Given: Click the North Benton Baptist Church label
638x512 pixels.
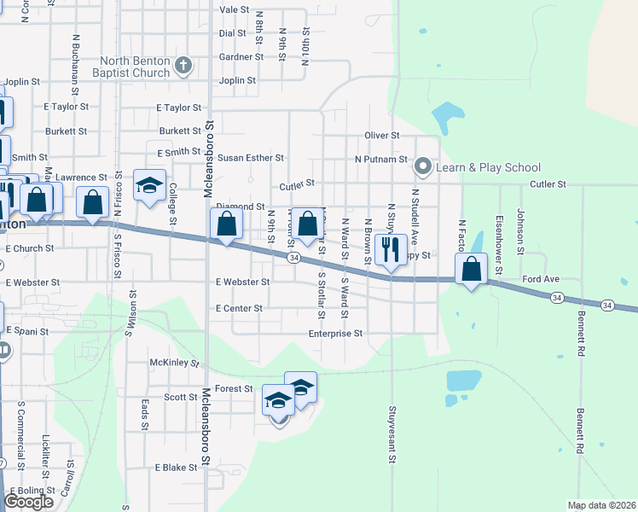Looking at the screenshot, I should pos(135,67).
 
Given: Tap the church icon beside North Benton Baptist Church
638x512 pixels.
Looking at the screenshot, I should pos(183,66).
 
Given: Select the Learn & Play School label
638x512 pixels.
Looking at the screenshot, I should pos(489,167).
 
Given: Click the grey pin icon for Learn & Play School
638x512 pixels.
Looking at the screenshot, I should pos(422,166).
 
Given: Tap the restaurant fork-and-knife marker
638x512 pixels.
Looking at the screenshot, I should pos(391,250).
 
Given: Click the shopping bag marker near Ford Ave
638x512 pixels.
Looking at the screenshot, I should pos(472,271).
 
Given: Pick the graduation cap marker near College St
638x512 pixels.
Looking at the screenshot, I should pos(149,186).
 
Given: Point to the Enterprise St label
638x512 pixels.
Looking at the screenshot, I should pos(335,334).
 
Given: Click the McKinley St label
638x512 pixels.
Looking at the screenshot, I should pos(174,363).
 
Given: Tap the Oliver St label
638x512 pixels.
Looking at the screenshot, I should pos(382,135).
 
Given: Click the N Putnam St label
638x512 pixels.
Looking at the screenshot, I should pos(381,159).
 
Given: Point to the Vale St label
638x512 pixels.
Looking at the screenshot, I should pos(234,9).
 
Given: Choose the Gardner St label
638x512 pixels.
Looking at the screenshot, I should pos(241,57).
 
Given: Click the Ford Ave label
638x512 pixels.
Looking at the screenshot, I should pos(541,279).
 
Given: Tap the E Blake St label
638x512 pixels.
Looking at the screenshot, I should pos(177,468).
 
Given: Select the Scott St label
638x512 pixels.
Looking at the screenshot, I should pos(181,397).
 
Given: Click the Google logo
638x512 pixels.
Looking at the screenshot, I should pos(29,502).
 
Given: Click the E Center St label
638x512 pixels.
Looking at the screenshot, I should pos(239,307).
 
